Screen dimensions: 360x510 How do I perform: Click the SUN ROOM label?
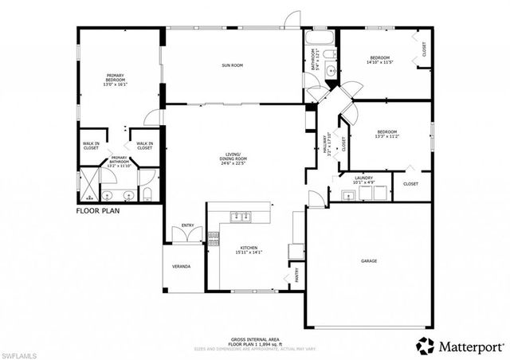(x=232, y=66)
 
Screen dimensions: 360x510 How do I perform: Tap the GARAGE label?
(x=368, y=261)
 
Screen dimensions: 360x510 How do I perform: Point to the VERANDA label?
(x=182, y=266)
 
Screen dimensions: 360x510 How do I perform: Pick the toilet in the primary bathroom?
(x=148, y=194)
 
